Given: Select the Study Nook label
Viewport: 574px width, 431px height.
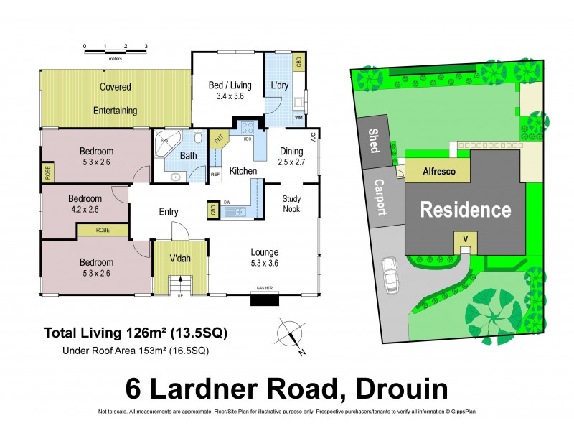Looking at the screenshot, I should point(291,204).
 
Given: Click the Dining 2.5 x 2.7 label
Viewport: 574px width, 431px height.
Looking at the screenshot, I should point(291,157).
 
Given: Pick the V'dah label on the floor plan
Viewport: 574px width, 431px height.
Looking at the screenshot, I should point(179,259).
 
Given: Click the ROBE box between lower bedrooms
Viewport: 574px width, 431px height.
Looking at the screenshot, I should point(103,231).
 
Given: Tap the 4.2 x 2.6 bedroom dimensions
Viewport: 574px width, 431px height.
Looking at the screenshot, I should point(85,210).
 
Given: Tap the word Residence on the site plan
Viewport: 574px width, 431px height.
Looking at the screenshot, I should point(465,210).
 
